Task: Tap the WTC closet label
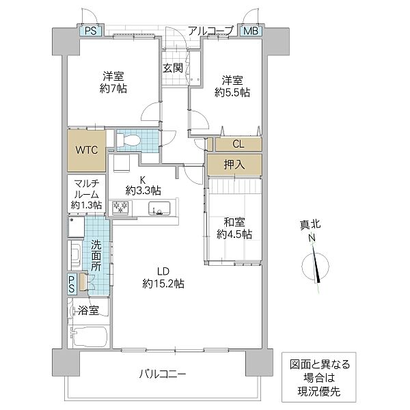[x=87, y=150]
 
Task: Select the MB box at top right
[x=251, y=31]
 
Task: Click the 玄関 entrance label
[x=173, y=68]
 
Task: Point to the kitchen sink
[x=159, y=208]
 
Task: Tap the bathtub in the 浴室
[x=89, y=336]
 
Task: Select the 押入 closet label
[x=234, y=165]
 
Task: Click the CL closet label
[x=238, y=143]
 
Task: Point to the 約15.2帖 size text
[x=163, y=283]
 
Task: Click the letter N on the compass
[x=312, y=238]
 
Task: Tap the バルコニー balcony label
[x=163, y=374]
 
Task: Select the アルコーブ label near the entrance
[x=210, y=31]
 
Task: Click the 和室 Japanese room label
[x=234, y=222]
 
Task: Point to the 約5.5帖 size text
[x=232, y=92]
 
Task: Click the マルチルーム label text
[x=87, y=189]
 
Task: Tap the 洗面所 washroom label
[x=96, y=256]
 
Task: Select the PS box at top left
[x=91, y=31]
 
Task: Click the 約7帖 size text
[x=113, y=88]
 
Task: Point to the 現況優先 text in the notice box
[x=319, y=392]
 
